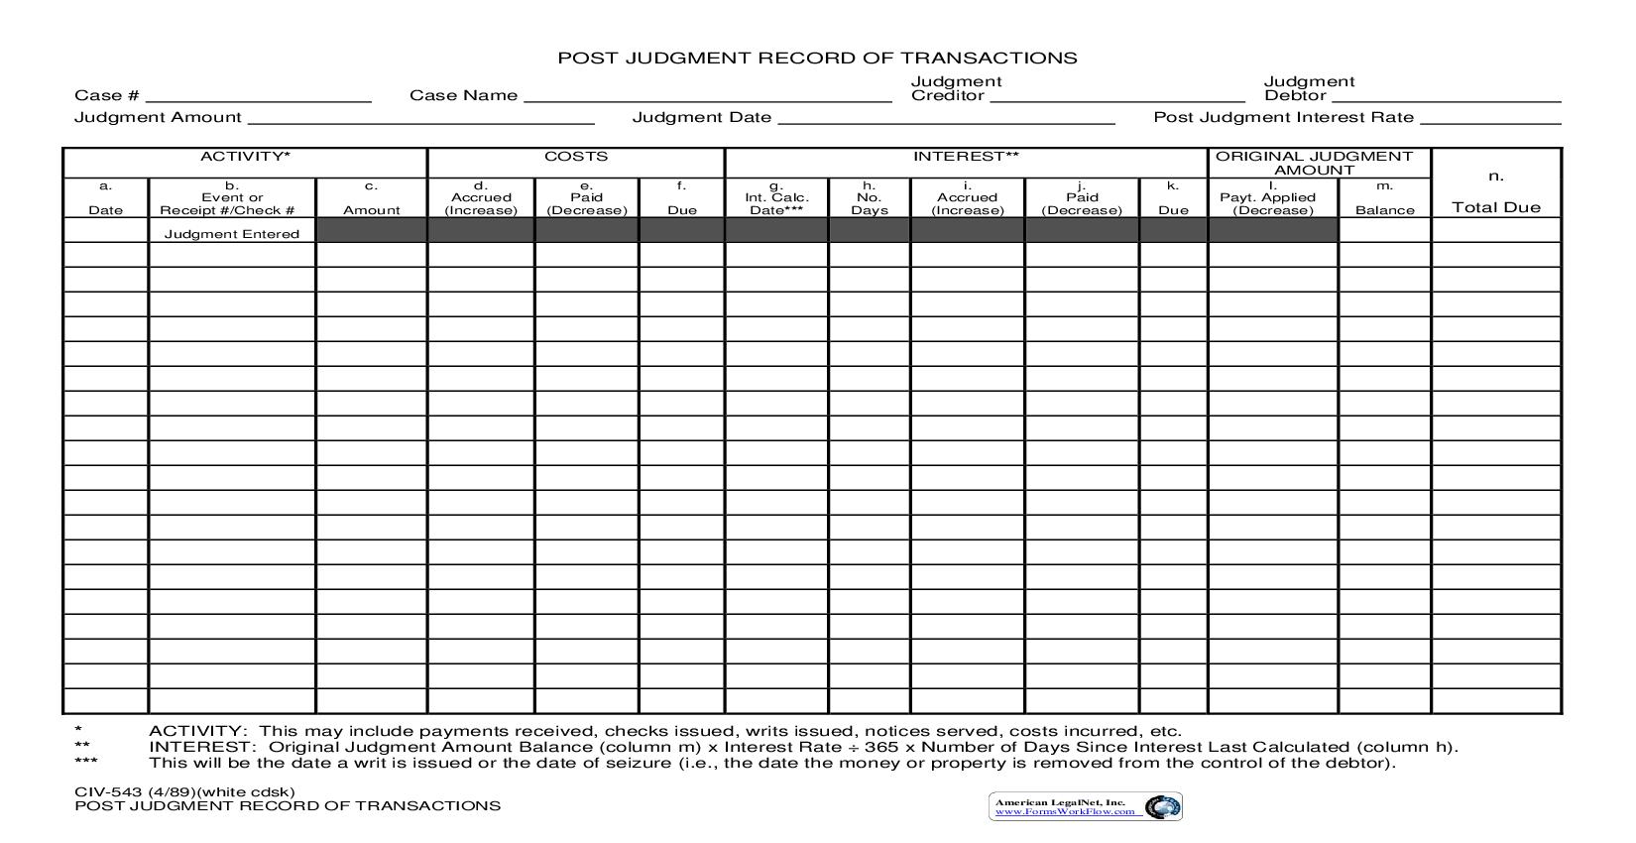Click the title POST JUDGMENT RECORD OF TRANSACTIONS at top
pyautogui.click(x=817, y=58)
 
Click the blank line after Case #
pyautogui.click(x=258, y=96)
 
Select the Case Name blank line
pyautogui.click(x=707, y=96)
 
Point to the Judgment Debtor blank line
pyautogui.click(x=1447, y=96)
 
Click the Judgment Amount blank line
pyautogui.click(x=420, y=118)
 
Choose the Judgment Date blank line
pyautogui.click(x=947, y=118)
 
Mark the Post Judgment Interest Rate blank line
pyautogui.click(x=1490, y=118)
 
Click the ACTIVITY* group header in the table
pyautogui.click(x=245, y=157)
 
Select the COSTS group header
pyautogui.click(x=576, y=157)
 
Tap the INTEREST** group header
pyautogui.click(x=966, y=157)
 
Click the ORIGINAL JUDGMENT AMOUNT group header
pyautogui.click(x=1314, y=163)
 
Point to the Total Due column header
pyautogui.click(x=1496, y=206)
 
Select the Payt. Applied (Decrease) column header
pyautogui.click(x=1272, y=203)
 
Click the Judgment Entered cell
pyautogui.click(x=232, y=234)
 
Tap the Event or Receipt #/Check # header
pyautogui.click(x=232, y=203)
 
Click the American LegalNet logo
pyautogui.click(x=1085, y=806)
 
